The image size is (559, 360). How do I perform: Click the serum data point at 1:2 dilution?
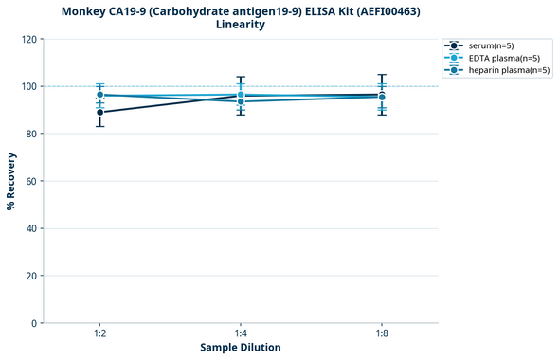tap(99, 112)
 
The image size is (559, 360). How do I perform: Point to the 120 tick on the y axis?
tap(29, 39)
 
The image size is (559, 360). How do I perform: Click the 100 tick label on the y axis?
tap(29, 86)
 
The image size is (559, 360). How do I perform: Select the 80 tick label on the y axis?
tap(32, 134)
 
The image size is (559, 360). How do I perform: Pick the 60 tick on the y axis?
tap(32, 181)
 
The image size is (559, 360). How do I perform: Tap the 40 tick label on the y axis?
tap(32, 228)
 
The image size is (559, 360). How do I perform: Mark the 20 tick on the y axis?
tap(32, 276)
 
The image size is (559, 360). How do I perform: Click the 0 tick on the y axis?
tap(35, 323)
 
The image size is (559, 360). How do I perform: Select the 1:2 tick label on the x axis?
tap(99, 334)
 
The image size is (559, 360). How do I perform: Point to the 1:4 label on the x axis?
tap(241, 334)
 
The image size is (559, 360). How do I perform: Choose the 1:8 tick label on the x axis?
tap(381, 334)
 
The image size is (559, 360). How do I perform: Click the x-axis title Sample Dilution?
tap(240, 348)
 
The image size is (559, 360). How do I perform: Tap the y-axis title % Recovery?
tap(11, 181)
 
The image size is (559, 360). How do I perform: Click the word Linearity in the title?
tap(241, 25)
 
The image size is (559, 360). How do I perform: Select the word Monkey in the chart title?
tap(87, 11)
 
